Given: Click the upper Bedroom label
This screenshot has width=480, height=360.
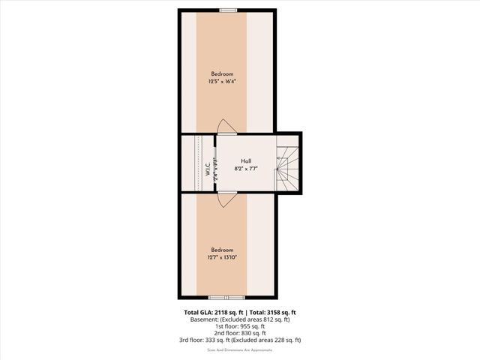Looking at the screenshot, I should point(222,73).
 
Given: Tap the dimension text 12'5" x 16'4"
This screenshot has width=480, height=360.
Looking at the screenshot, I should point(222,81).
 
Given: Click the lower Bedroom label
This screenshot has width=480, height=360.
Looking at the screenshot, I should point(222,250).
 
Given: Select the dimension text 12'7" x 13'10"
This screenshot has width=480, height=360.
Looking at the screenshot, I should point(222,257).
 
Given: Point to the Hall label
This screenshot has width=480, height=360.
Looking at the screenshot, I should point(246,161).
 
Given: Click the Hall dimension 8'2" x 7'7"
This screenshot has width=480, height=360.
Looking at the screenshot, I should point(246,169).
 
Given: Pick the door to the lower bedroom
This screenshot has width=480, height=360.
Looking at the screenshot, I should point(227,199).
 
